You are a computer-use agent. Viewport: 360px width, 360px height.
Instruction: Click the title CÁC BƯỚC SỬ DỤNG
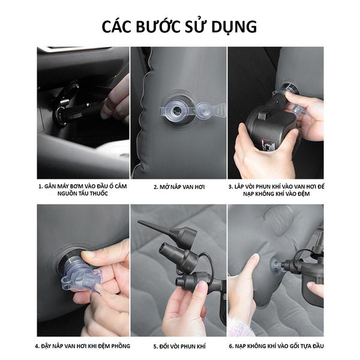179,26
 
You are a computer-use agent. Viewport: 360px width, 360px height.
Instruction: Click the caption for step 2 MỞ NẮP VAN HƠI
178,187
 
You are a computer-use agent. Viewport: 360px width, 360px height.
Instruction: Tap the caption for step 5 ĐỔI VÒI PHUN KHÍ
179,346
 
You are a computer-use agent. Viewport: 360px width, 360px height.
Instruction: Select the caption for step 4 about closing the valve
83,346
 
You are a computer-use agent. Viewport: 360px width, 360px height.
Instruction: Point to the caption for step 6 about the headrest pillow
275,346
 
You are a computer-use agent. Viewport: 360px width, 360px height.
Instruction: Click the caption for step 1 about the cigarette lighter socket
83,190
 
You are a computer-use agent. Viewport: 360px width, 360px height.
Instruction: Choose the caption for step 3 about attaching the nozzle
275,190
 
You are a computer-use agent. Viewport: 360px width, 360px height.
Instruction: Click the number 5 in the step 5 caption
155,346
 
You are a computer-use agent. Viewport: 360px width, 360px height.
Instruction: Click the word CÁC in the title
118,26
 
